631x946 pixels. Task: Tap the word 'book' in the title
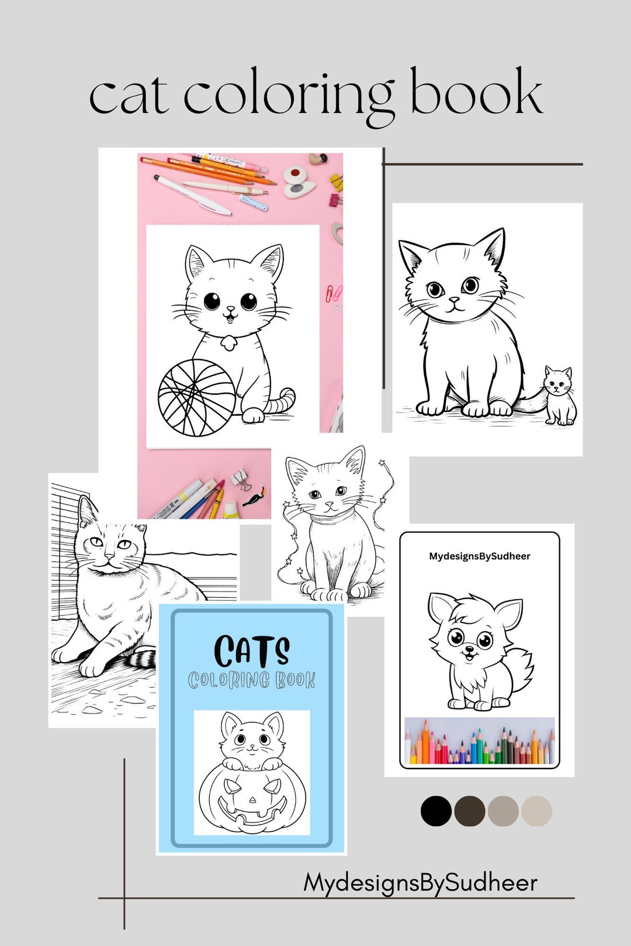476,93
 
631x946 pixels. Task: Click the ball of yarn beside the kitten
197,398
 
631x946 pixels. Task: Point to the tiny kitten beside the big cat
559,395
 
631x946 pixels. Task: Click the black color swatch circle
436,811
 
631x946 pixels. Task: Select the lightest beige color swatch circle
536,811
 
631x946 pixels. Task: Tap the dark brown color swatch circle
470,811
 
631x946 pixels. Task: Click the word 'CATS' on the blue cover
251,651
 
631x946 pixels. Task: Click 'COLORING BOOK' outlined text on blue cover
251,680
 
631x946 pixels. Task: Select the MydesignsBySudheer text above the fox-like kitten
480,556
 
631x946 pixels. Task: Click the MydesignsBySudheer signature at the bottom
420,882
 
